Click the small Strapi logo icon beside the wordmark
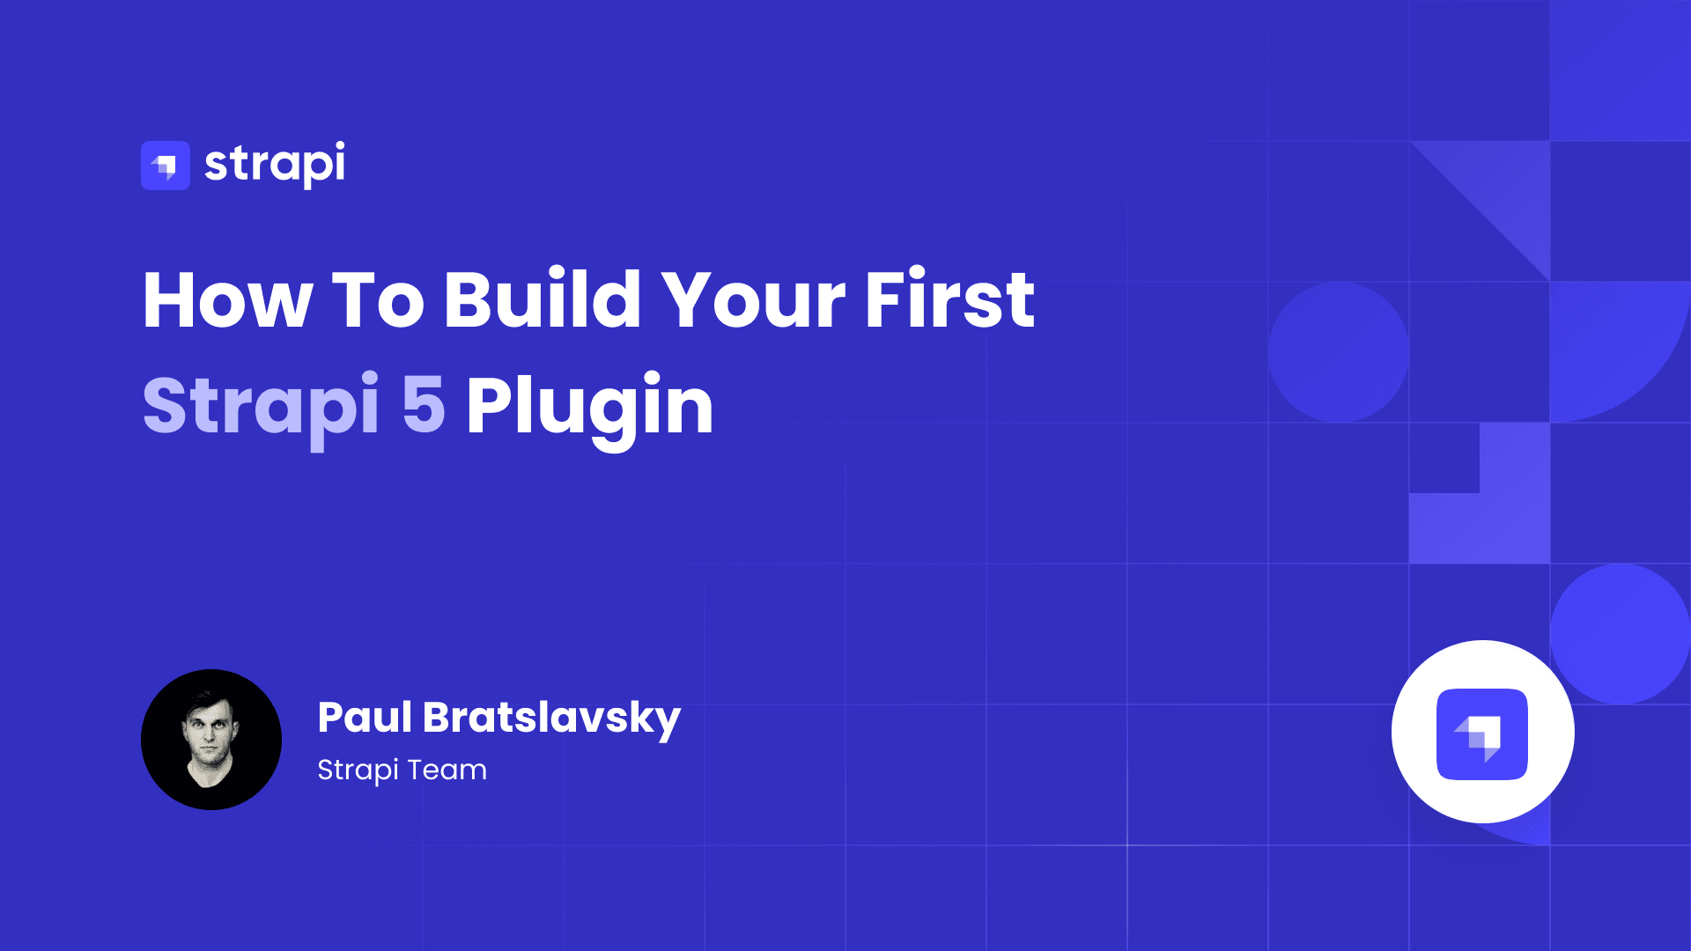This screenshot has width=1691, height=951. pos(166,166)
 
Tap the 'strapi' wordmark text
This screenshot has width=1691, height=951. pos(275,164)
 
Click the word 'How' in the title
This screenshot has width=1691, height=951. pos(227,300)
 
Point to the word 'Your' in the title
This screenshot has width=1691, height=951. pos(753,300)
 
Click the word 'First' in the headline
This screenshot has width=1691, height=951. pos(949,300)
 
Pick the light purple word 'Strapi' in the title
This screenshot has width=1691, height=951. pos(261,406)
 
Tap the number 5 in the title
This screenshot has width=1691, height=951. pos(424,405)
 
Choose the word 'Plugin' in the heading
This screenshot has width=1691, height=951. pos(589,406)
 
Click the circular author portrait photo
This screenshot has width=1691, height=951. pos(211,740)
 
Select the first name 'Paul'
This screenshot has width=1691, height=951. pos(364,717)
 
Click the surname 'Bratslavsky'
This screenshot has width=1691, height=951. pos(551,718)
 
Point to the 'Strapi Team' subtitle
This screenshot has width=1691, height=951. pos(402,770)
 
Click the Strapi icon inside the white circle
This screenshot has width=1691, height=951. pos(1482,734)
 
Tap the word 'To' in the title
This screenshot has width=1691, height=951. pos(378,300)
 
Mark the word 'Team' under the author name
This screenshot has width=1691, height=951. pos(447,770)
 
